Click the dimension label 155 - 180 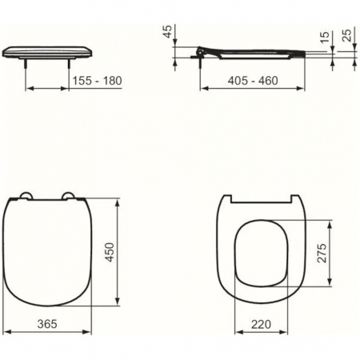(x=98, y=81)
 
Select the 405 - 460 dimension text (x=253, y=81)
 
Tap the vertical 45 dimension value (x=168, y=31)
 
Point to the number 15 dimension (x=325, y=37)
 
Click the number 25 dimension (x=346, y=35)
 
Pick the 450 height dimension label (x=110, y=252)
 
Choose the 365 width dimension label (x=47, y=324)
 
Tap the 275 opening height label (x=322, y=253)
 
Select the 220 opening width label (x=261, y=324)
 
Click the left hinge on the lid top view (x=26, y=195)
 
